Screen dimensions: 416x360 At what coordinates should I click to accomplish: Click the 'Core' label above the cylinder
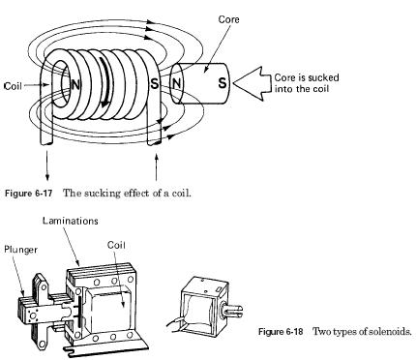[x=228, y=19]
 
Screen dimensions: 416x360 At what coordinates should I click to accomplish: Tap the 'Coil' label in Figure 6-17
[x=13, y=86]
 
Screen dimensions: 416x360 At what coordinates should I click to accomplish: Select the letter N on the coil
[x=75, y=85]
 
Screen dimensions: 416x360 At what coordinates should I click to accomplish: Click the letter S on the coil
[x=155, y=83]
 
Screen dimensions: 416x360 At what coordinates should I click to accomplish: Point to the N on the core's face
[x=176, y=83]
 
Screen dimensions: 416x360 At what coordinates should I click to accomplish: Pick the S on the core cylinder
[x=223, y=83]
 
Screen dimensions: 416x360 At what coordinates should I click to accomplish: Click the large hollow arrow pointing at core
[x=253, y=83]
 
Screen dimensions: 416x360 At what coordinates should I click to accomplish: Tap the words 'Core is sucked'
[x=307, y=77]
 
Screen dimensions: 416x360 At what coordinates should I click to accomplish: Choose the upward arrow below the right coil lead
[x=157, y=167]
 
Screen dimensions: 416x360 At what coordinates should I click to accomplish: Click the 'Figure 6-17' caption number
[x=28, y=194]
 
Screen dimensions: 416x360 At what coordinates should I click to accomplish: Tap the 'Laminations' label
[x=71, y=221]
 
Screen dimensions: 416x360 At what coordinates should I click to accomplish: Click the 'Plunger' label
[x=20, y=250]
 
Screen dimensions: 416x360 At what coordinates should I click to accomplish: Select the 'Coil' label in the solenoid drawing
[x=116, y=245]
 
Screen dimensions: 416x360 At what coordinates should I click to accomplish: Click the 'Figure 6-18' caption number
[x=281, y=332]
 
